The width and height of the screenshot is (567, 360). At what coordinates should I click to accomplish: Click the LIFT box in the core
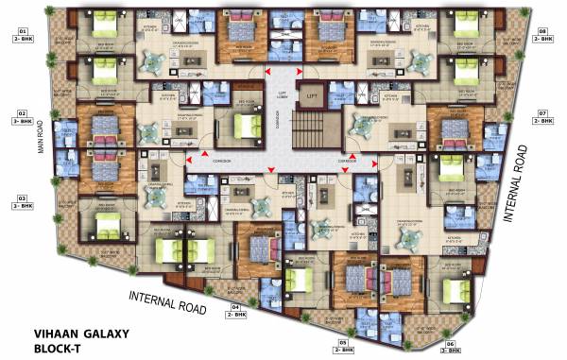[309, 94]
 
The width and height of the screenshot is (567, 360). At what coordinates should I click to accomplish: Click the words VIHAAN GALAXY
[82, 334]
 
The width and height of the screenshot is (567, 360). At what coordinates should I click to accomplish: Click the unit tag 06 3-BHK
[452, 346]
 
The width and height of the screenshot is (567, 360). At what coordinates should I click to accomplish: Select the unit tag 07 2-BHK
[542, 116]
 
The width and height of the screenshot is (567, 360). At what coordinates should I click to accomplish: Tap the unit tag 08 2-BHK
[542, 36]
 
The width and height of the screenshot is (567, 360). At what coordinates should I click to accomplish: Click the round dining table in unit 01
[152, 59]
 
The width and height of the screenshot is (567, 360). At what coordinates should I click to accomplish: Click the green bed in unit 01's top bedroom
[105, 28]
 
